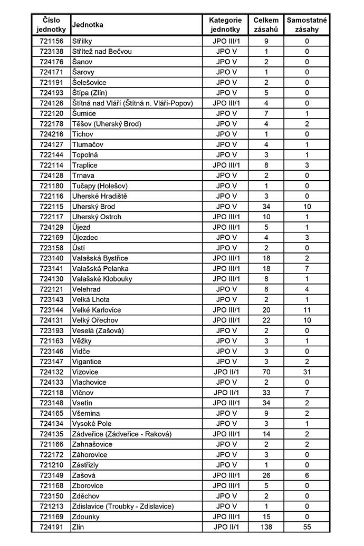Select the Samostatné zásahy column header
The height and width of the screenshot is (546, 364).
(x=306, y=25)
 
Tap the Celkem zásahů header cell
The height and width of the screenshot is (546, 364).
(x=266, y=25)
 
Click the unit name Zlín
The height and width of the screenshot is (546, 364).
(x=78, y=527)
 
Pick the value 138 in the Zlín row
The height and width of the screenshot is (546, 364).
(x=266, y=527)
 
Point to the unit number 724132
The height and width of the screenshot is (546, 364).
(x=51, y=372)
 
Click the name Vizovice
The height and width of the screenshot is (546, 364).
(x=85, y=372)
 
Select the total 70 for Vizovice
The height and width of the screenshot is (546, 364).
(x=266, y=372)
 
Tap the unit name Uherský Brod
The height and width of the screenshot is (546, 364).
(x=93, y=207)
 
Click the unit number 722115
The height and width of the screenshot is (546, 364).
(x=51, y=207)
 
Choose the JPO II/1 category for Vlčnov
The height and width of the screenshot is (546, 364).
(x=226, y=393)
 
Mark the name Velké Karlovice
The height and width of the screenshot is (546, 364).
(x=97, y=310)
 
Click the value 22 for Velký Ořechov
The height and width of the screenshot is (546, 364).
(x=266, y=320)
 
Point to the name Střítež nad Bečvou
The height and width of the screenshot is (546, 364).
(x=102, y=52)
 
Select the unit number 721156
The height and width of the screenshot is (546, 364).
(x=51, y=41)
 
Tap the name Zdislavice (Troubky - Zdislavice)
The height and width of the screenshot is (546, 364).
(x=123, y=506)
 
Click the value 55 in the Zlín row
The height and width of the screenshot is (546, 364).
(x=306, y=527)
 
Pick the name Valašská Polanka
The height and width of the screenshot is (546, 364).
(x=100, y=269)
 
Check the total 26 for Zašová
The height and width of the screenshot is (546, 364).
(x=266, y=475)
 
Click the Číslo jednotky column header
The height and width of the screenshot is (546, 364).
(x=51, y=25)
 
